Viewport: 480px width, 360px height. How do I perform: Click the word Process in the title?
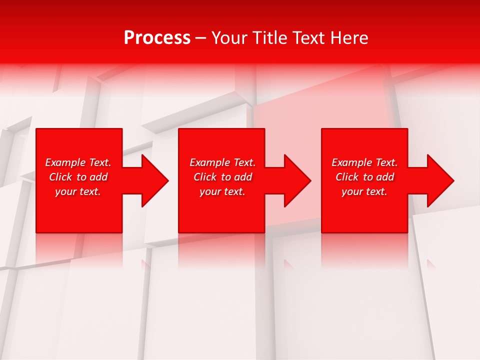click(x=157, y=38)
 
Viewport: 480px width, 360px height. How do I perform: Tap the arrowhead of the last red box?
click(x=439, y=180)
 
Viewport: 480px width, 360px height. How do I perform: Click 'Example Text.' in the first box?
click(x=78, y=162)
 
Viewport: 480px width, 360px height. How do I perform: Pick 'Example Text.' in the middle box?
click(x=222, y=162)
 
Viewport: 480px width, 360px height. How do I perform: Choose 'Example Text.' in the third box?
click(x=364, y=162)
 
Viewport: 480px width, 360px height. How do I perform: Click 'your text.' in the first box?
click(x=78, y=191)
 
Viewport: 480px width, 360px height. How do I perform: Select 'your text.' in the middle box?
click(x=222, y=191)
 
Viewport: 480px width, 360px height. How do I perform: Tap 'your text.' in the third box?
click(x=364, y=191)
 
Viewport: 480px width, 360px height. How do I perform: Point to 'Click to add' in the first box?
click(x=78, y=177)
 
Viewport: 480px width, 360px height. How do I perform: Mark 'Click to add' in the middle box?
click(x=222, y=177)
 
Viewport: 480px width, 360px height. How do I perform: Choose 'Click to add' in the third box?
click(x=364, y=177)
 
